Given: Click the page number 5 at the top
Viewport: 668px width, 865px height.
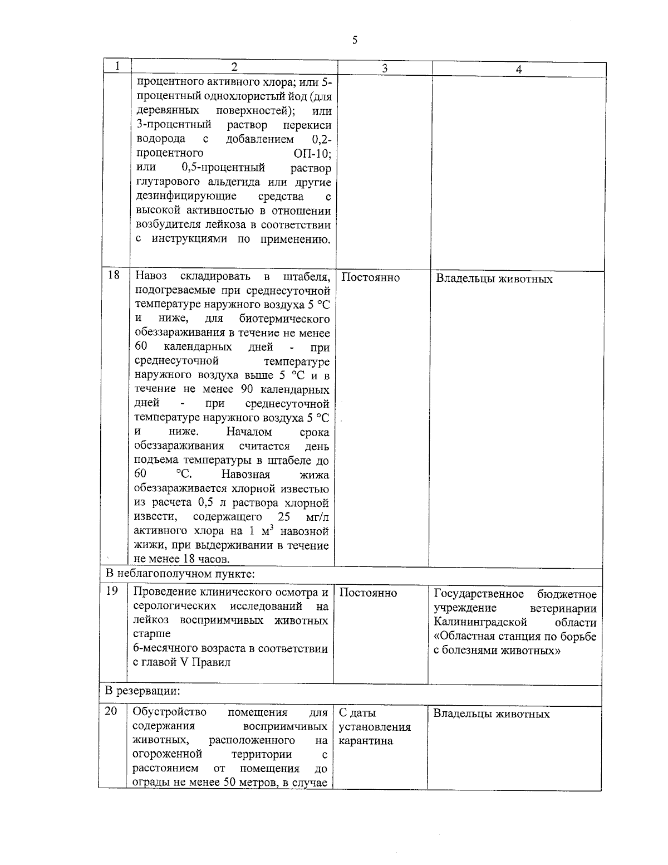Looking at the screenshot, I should [x=354, y=41].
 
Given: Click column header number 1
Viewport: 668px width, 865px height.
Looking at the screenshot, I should [x=118, y=66].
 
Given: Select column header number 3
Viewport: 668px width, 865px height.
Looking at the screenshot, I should [x=385, y=68].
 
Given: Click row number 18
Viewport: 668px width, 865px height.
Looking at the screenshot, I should [x=114, y=275].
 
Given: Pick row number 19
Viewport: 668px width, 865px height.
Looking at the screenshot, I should [x=112, y=591].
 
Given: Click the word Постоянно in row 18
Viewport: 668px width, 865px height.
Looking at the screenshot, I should [x=370, y=277].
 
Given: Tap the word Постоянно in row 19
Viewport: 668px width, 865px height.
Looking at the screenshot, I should [x=368, y=593].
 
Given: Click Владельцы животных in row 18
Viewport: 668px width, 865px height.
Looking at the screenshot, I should [x=494, y=279].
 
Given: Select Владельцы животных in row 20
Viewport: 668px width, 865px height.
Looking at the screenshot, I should [x=492, y=714].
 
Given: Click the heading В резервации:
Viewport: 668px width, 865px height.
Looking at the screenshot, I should [x=143, y=691].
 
